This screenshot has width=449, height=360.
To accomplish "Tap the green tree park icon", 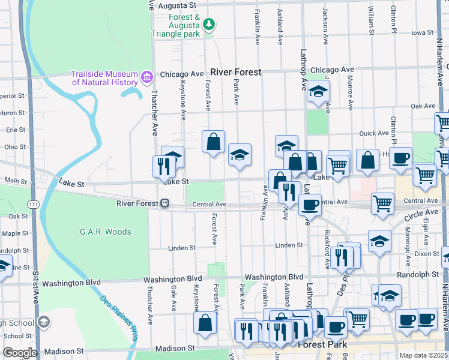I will pyautogui.click(x=209, y=25).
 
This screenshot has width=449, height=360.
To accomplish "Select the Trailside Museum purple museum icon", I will pyautogui.click(x=146, y=77).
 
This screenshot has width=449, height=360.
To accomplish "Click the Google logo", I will pyautogui.click(x=20, y=353).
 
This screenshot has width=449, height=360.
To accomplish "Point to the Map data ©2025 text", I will pyautogui.click(x=423, y=355).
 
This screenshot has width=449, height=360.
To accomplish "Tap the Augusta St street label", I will pyautogui.click(x=179, y=5).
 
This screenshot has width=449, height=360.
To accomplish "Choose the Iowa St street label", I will pyautogui.click(x=422, y=32).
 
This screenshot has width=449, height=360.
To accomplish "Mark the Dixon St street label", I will pyautogui.click(x=427, y=254).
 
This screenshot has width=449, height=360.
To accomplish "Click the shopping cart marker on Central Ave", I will pyautogui.click(x=382, y=203).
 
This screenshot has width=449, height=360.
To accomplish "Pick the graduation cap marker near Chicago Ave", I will pyautogui.click(x=318, y=92).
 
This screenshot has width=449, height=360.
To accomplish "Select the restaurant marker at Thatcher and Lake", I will pyautogui.click(x=164, y=165).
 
